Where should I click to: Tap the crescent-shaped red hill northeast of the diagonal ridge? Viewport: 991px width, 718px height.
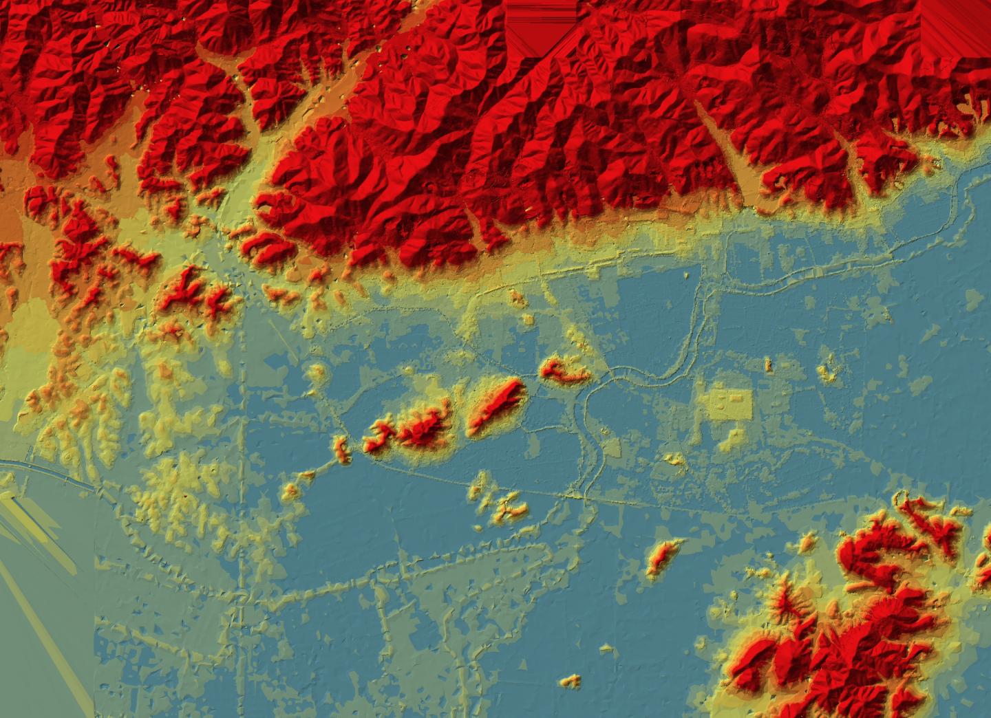(564, 370)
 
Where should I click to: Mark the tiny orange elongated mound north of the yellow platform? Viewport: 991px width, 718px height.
(769, 365)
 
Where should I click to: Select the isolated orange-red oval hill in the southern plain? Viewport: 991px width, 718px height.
(662, 556)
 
